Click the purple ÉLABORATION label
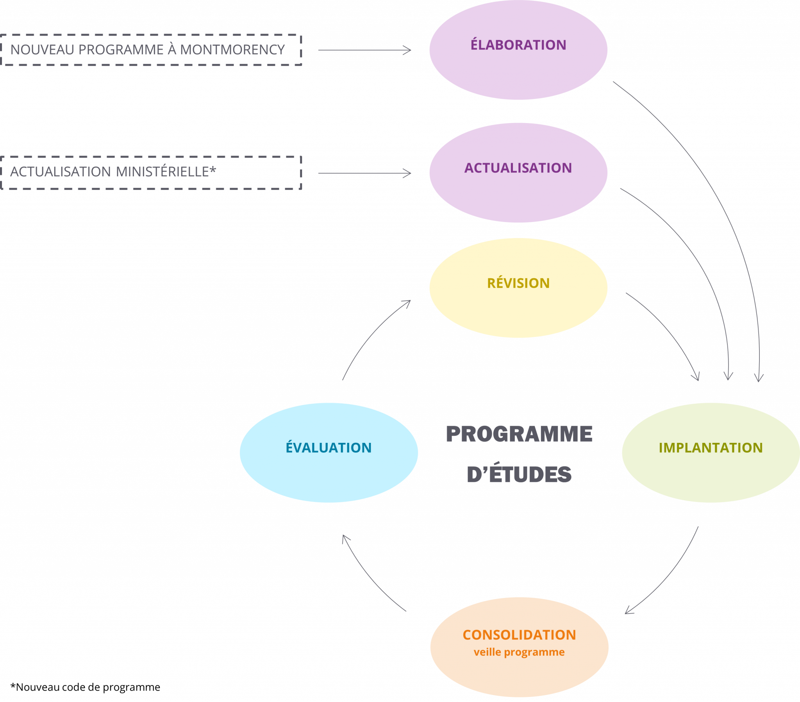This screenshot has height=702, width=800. [x=518, y=45]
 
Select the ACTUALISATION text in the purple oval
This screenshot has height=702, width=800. [x=518, y=168]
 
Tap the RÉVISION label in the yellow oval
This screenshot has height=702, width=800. [x=518, y=283]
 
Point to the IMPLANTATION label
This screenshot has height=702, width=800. [x=711, y=448]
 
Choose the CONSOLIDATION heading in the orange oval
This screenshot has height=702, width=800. [x=519, y=635]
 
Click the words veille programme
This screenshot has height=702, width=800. [x=519, y=652]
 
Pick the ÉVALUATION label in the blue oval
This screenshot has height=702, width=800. [x=329, y=448]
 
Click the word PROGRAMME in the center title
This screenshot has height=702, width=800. [x=519, y=434]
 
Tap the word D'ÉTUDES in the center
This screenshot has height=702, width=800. [x=519, y=474]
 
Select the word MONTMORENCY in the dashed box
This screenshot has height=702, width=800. [x=232, y=50]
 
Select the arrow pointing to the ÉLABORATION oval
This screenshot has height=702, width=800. [x=364, y=50]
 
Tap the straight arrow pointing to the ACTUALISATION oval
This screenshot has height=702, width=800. [x=364, y=173]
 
